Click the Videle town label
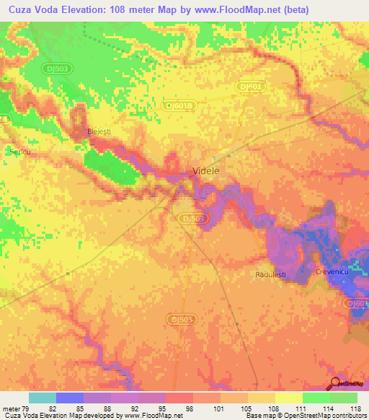(205, 171)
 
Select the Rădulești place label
(272, 275)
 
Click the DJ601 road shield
(251, 87)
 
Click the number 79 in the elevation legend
(28, 409)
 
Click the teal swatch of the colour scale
(42, 398)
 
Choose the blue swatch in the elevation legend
(69, 398)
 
